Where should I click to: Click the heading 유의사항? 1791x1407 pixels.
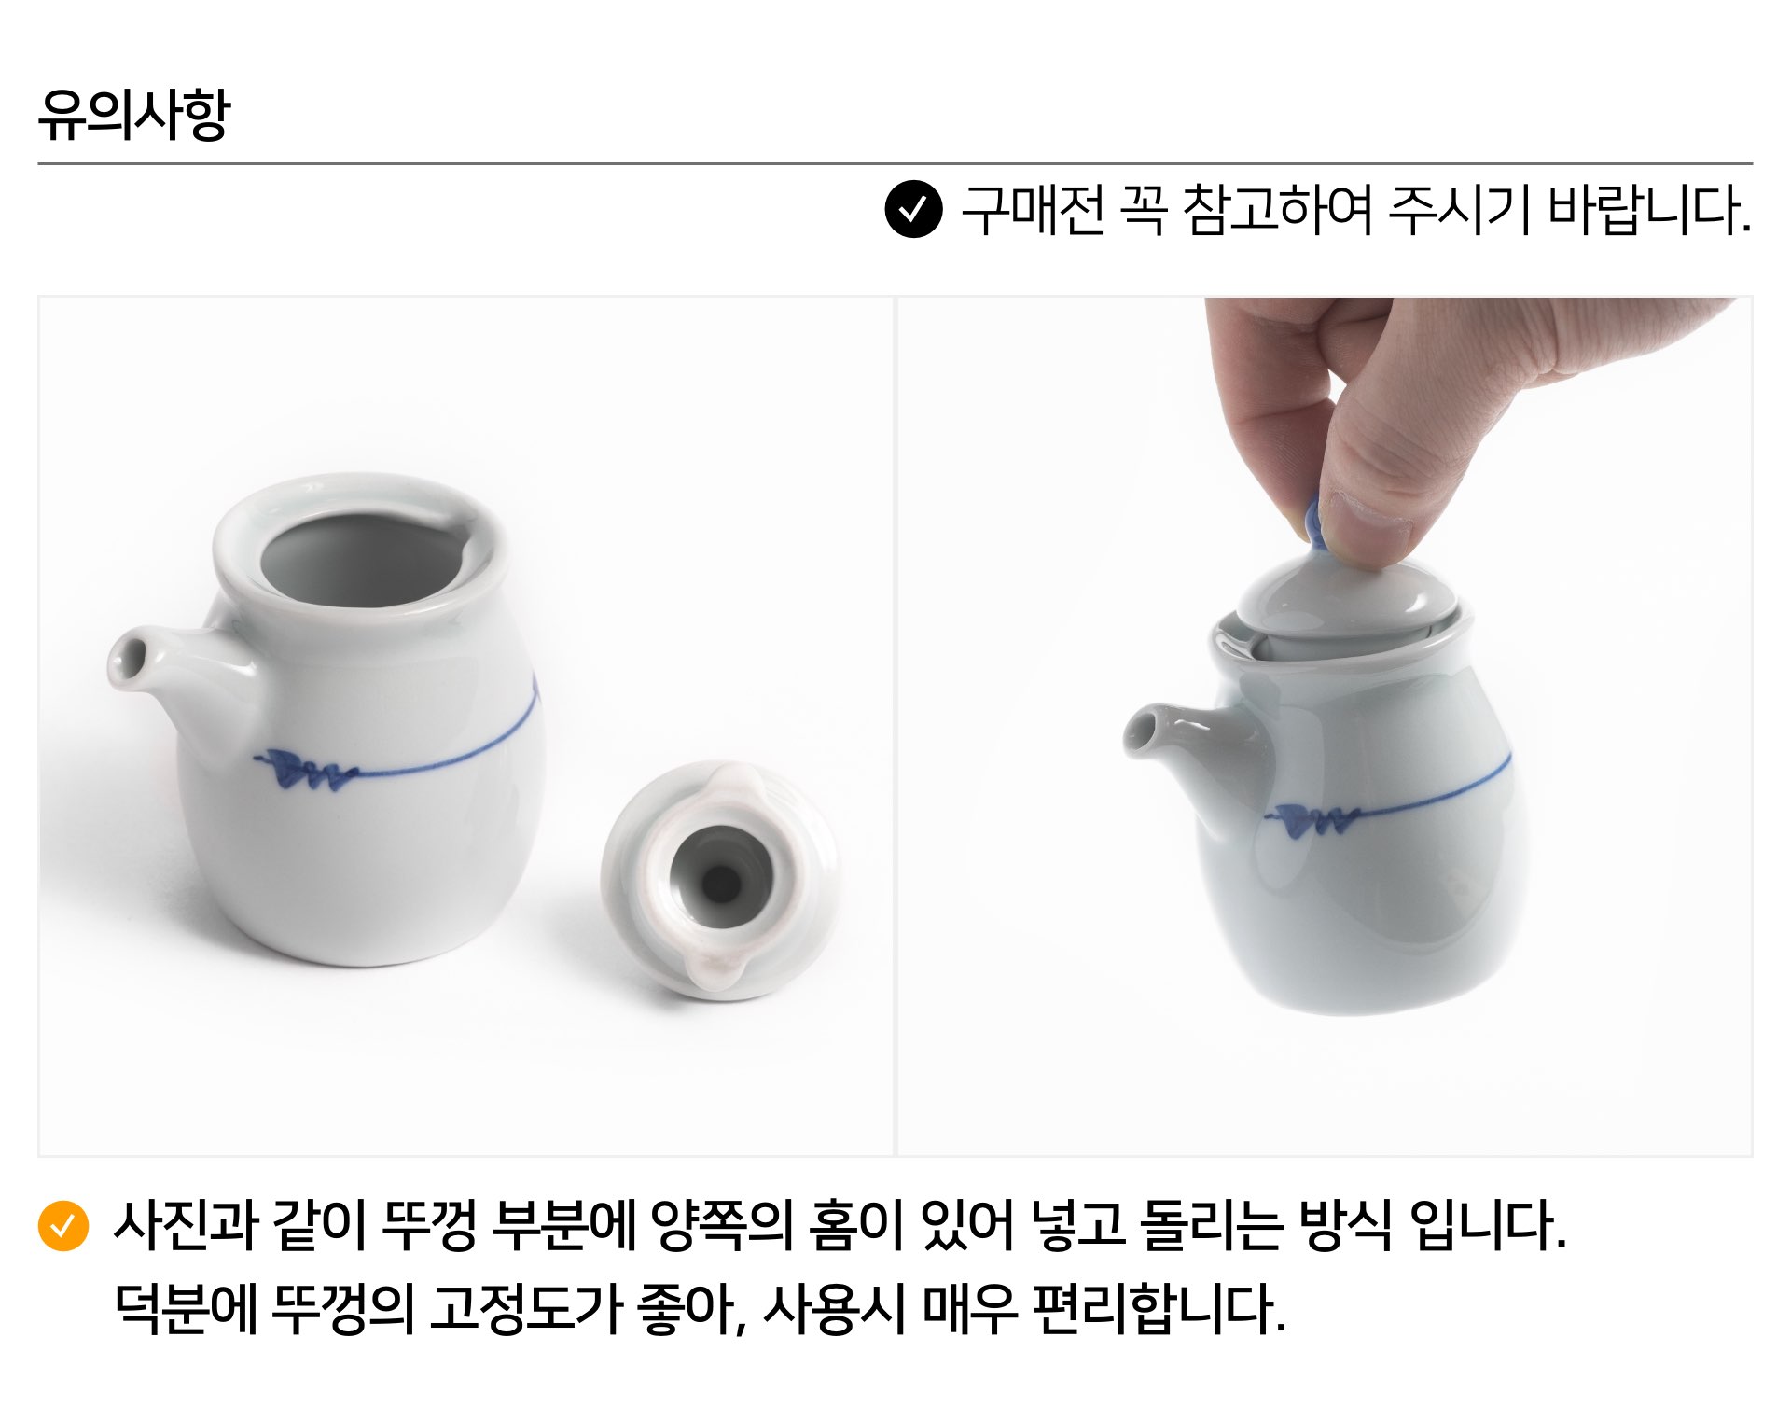click(133, 114)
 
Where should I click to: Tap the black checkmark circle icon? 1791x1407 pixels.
click(913, 209)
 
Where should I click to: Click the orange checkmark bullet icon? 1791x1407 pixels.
click(62, 1224)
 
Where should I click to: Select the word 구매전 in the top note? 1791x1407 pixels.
click(1033, 210)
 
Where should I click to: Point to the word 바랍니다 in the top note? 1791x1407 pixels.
click(1648, 210)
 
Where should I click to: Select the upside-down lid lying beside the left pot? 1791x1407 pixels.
click(721, 880)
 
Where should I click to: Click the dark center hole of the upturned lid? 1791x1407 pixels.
click(720, 882)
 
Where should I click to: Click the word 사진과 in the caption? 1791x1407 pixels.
click(185, 1224)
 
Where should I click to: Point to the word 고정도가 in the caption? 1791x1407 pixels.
click(525, 1308)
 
